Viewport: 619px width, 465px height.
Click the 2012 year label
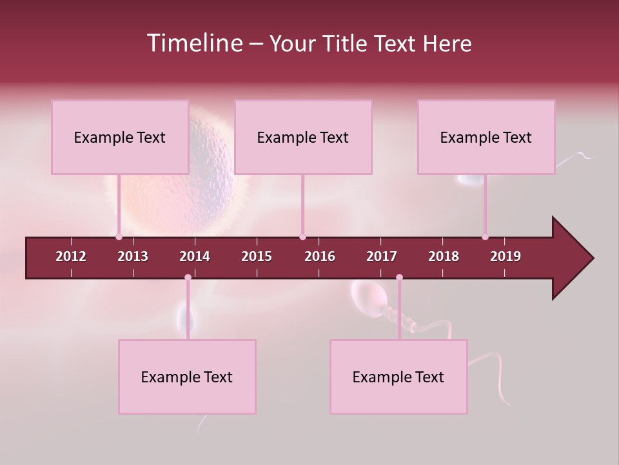[71, 256]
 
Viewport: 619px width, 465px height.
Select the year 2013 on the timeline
[133, 256]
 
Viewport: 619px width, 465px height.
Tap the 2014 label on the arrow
[195, 256]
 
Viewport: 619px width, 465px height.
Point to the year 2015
[257, 256]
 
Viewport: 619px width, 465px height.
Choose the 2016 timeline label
[320, 256]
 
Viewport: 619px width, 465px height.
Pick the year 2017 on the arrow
[382, 256]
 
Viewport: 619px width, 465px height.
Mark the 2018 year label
[444, 256]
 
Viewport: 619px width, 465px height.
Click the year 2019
[506, 256]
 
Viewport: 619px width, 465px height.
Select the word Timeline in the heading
[193, 43]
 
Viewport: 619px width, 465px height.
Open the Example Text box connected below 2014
[187, 377]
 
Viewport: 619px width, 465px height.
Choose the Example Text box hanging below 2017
[398, 377]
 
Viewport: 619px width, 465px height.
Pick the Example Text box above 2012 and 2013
[120, 137]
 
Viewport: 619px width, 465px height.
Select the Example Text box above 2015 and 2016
[303, 137]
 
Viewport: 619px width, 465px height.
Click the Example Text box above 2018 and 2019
[486, 137]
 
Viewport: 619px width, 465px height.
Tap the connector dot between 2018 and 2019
[485, 236]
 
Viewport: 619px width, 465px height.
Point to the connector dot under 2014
[188, 278]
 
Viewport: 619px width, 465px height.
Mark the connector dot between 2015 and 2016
[302, 236]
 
